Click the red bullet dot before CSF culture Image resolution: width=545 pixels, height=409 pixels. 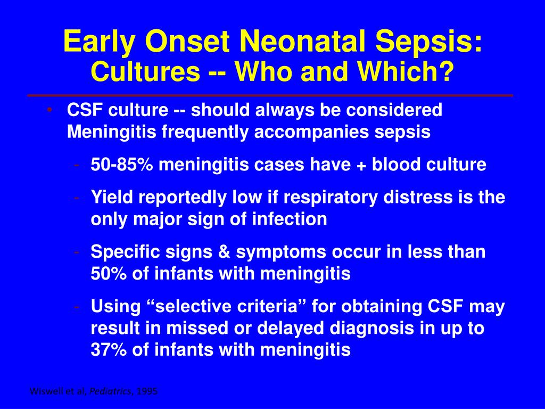click(49, 110)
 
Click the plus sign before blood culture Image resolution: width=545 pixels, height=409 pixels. click(361, 165)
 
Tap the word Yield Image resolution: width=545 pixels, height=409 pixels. click(112, 197)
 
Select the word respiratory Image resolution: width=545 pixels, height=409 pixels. click(330, 198)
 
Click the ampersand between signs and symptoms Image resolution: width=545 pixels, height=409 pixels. click(224, 251)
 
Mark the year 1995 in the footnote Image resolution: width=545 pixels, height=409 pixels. click(147, 391)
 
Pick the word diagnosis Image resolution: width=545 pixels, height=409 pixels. click(371, 329)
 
